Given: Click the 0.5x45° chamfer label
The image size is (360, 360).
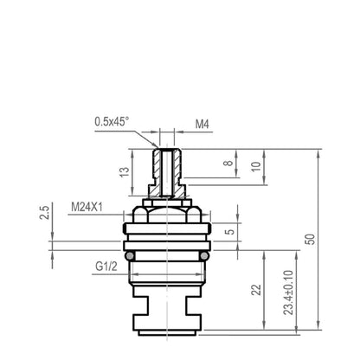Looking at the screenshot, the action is click(x=112, y=121).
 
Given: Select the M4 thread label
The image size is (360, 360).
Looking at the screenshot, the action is click(x=202, y=125).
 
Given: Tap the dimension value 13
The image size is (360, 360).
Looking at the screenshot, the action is click(x=125, y=172).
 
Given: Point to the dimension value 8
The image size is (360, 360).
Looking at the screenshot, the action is click(x=228, y=163).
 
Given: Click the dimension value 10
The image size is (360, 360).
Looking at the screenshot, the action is click(x=256, y=166).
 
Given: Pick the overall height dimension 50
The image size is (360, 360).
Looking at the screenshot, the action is click(x=310, y=239).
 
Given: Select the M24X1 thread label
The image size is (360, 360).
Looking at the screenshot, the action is click(x=87, y=207).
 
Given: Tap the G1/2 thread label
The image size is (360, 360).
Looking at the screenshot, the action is click(x=106, y=267).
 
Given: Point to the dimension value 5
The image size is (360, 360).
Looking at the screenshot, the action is click(x=229, y=232).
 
